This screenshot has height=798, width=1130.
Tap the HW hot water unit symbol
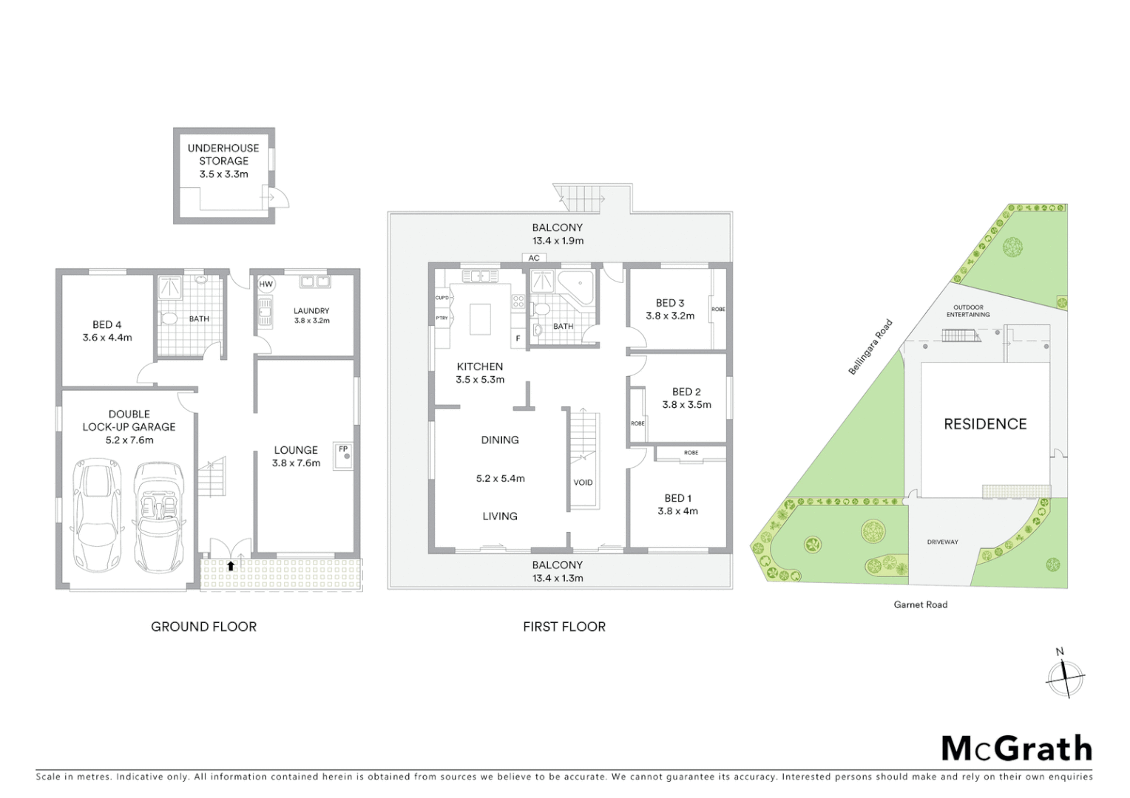pos(265,284)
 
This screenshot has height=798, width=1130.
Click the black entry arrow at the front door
pos(231,566)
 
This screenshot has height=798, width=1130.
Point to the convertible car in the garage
pos(158,517)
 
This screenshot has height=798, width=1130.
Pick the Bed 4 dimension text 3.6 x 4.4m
pos(107,338)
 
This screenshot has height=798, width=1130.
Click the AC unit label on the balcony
pos(534,258)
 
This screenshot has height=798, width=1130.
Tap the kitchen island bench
pos(481,318)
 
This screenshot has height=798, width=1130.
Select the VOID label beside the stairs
pos(583,482)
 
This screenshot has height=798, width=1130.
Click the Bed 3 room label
pos(670,303)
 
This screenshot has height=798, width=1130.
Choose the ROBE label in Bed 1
pos(691,452)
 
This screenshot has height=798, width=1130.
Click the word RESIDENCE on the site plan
pos(985,424)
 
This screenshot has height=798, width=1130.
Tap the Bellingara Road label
pos(870,347)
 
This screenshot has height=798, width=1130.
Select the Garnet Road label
pos(920,604)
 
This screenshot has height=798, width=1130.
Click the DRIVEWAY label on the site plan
pos(942,542)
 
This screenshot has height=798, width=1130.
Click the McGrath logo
pos(1016,748)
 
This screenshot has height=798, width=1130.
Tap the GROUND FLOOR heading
pos(203,627)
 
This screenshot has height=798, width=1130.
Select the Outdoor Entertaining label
pos(968,310)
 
